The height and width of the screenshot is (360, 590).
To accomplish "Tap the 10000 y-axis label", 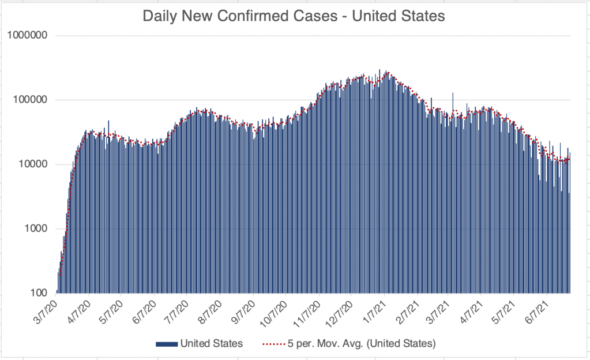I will pyautogui.click(x=35, y=164).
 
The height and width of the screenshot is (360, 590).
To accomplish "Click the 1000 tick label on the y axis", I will pyautogui.click(x=37, y=229).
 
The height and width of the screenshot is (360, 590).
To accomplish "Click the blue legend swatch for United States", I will pyautogui.click(x=166, y=344).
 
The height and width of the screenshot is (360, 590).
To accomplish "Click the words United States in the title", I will pyautogui.click(x=399, y=16).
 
